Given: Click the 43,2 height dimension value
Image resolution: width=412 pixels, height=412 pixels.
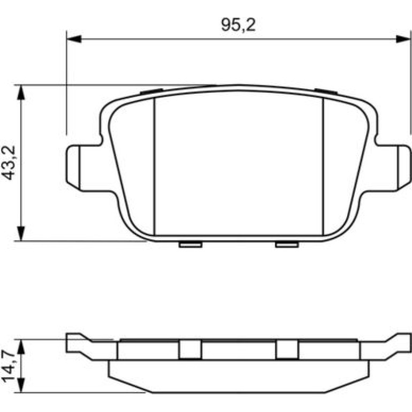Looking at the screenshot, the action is pos(9,163).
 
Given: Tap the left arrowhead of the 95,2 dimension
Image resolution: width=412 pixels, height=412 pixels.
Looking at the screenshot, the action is pos(74,39).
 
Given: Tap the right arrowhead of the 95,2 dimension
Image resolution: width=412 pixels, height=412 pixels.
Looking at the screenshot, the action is pos(402,39).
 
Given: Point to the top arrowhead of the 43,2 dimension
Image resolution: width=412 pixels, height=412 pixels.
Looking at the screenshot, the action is pos(21,92).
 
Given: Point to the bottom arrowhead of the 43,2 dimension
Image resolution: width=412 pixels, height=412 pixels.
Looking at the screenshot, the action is pos(21,233).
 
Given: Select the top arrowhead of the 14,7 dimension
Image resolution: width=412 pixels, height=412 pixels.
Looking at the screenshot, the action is pos(21,347).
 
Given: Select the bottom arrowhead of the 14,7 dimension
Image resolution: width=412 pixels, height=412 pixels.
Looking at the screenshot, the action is pos(21,386).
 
